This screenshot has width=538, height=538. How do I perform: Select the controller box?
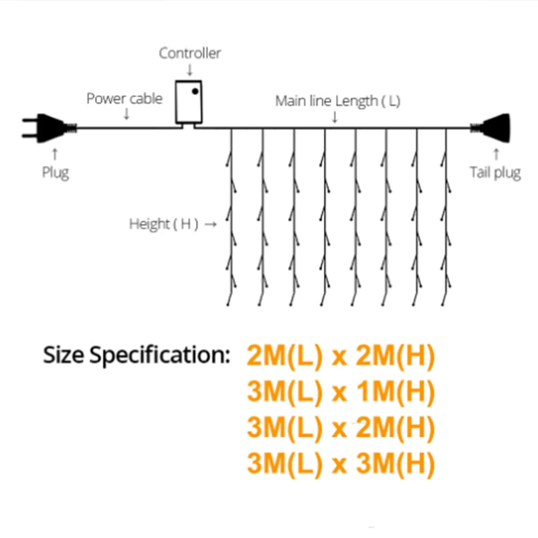(188, 102)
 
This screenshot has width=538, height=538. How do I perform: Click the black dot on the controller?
(195, 91)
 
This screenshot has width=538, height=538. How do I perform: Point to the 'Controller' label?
(190, 53)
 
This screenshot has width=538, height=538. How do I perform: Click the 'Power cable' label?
(124, 99)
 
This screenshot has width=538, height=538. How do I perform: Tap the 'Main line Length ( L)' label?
(337, 101)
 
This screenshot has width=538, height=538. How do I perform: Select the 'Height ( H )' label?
(164, 224)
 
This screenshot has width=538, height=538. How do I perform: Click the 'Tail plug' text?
(495, 173)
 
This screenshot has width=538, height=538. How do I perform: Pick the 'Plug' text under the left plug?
(55, 173)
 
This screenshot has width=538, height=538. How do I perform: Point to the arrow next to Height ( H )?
(211, 224)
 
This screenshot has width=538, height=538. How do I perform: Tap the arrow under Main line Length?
(335, 117)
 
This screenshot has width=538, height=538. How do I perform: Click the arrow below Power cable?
(126, 114)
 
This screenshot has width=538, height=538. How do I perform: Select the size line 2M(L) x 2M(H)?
(341, 357)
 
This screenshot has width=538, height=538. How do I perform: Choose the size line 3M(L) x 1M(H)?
(341, 393)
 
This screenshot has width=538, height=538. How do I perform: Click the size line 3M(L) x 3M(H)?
(341, 463)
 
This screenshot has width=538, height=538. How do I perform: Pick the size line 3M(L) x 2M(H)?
(341, 428)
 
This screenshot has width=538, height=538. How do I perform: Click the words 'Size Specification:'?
(137, 356)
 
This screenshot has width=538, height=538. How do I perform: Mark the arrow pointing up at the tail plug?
(496, 154)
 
